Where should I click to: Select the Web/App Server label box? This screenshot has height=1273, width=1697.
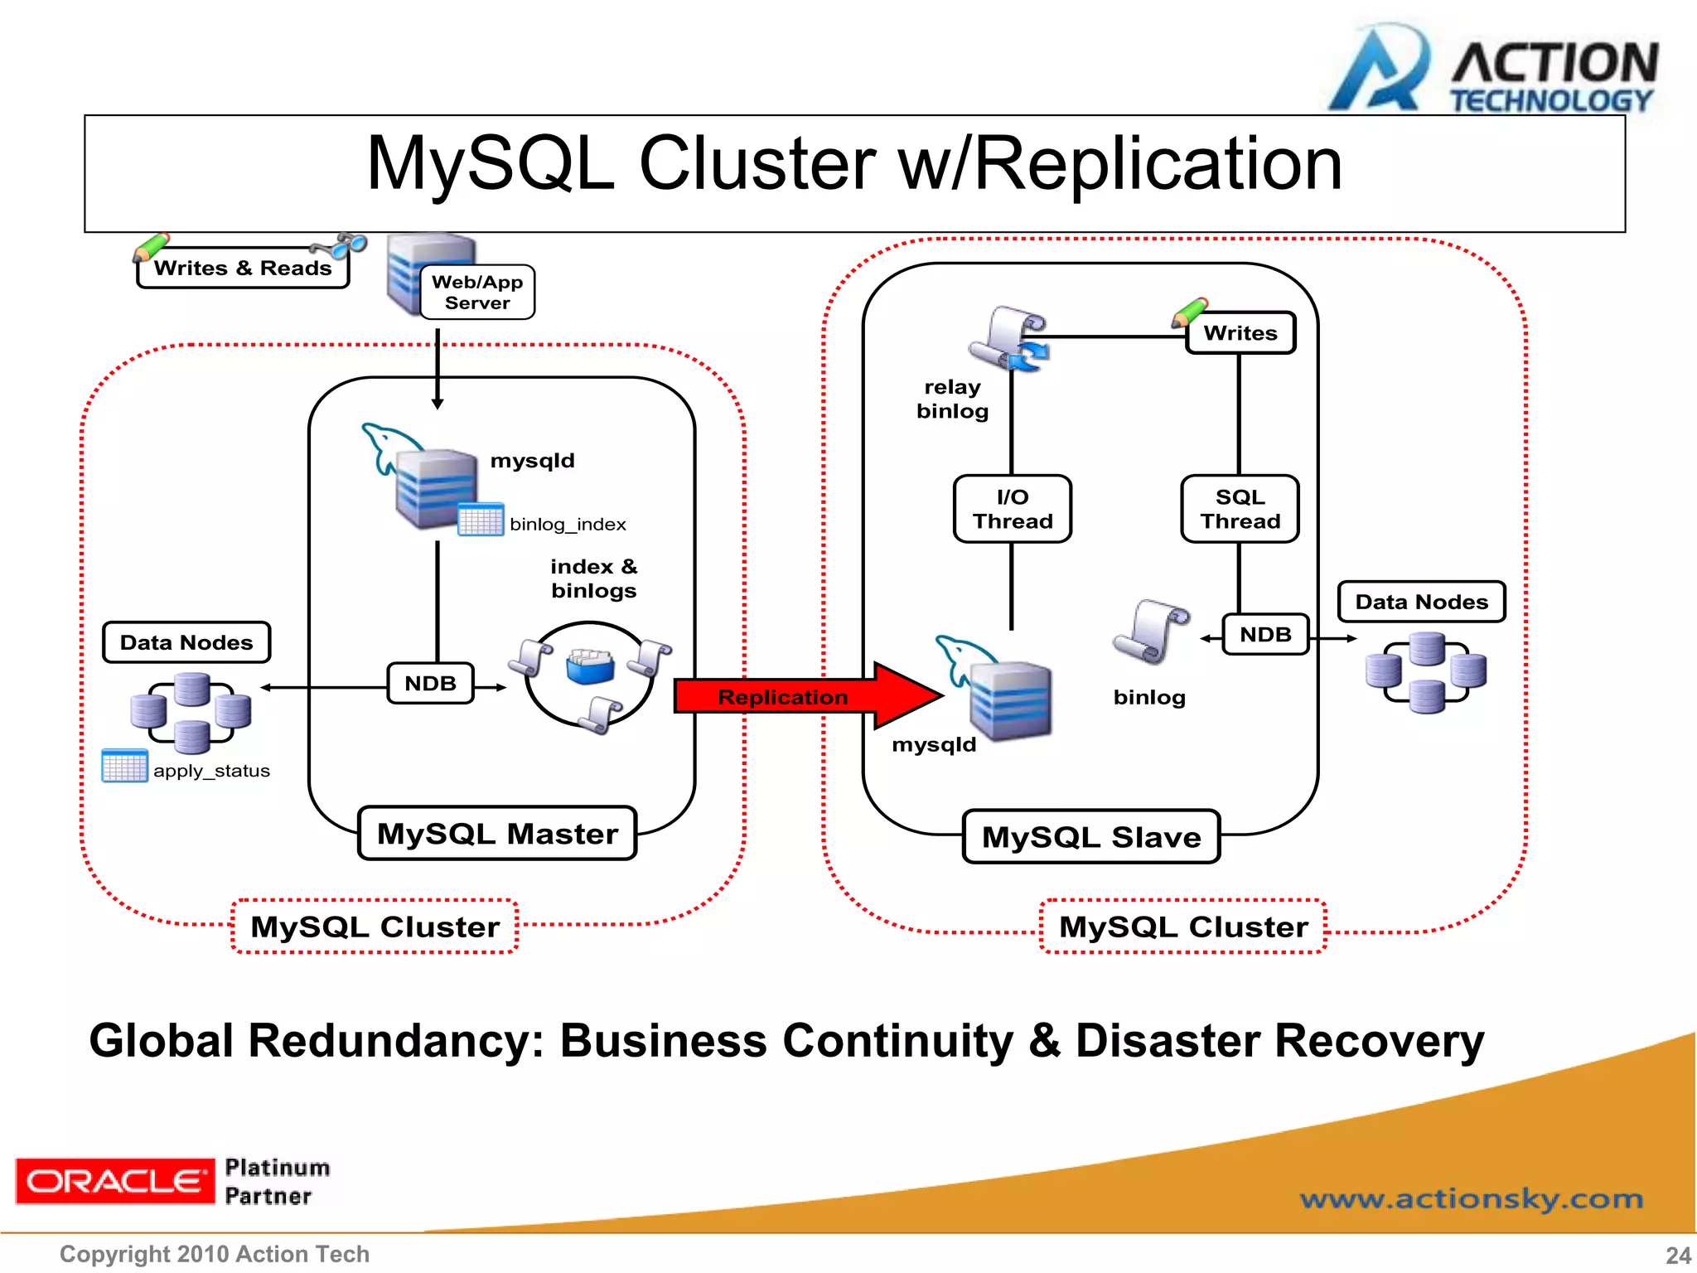[x=477, y=293]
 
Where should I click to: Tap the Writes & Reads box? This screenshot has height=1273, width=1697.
[x=243, y=268]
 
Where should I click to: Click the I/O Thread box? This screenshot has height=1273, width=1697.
[x=1012, y=509]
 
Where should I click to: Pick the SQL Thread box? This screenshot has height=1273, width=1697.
[x=1240, y=509]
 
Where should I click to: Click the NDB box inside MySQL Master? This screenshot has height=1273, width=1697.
[x=430, y=684]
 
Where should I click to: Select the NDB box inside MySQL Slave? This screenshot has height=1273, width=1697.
[x=1265, y=635]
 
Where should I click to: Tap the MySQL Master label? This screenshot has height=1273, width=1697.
[x=497, y=834]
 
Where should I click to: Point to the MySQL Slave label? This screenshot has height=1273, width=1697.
[x=1091, y=837]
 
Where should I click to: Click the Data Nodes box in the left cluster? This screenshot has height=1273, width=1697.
[x=186, y=642]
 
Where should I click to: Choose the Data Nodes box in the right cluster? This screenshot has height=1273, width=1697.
[x=1421, y=602]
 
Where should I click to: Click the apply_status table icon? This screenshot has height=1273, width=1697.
[x=124, y=766]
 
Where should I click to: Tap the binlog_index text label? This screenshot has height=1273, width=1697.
[x=568, y=525]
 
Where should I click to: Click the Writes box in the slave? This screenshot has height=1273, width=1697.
[x=1240, y=333]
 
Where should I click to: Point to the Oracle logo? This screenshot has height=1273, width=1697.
[x=114, y=1181]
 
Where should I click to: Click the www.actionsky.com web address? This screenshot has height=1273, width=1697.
[x=1471, y=1198]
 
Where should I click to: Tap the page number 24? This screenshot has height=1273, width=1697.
[x=1678, y=1255]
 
